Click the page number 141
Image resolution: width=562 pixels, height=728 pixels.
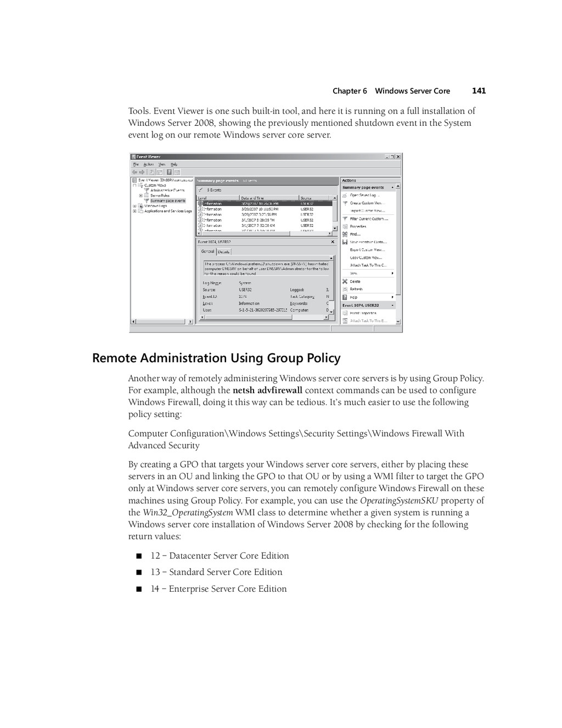tap(479, 91)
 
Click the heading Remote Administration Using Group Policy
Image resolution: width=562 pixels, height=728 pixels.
tap(216, 358)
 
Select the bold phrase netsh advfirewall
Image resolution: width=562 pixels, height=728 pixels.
tap(267, 391)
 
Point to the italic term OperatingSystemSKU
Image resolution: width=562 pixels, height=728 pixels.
tap(398, 501)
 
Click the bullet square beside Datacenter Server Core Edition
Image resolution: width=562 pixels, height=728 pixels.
tap(139, 556)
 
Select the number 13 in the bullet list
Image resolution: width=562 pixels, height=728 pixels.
tap(155, 572)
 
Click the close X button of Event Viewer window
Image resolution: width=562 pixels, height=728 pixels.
tap(398, 157)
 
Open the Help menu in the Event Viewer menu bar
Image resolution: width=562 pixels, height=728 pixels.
tap(174, 164)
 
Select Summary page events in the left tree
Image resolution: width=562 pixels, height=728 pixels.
tap(167, 201)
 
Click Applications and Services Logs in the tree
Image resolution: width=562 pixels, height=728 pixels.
tap(168, 211)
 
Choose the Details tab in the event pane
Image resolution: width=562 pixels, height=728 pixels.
tap(224, 252)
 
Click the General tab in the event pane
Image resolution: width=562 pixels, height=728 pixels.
tap(207, 252)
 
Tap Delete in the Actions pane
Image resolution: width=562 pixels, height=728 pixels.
tap(355, 281)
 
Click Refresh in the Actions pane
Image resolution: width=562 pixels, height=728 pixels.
tap(356, 289)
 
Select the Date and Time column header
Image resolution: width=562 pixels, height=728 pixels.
tap(252, 198)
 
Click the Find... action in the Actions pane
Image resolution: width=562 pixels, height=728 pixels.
tap(355, 234)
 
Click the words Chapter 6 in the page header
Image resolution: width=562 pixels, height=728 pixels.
tap(350, 91)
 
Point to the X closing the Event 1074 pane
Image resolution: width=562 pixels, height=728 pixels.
tap(332, 242)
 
